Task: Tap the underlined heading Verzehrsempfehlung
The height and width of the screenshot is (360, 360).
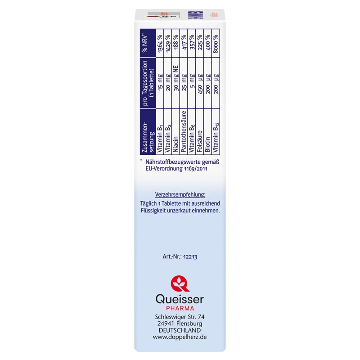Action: (x=180, y=194)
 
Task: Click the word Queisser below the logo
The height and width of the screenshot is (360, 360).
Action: (x=180, y=299)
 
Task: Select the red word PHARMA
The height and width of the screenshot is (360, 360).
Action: (x=180, y=308)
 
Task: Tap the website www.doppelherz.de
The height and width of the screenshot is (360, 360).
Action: (x=180, y=337)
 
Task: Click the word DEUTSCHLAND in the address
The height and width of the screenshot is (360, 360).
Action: (x=180, y=330)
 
